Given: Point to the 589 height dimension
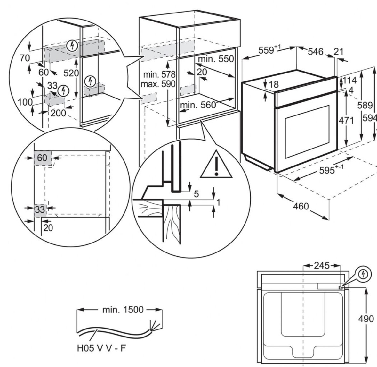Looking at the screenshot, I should [x=365, y=106].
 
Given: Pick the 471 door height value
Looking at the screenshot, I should [x=346, y=121].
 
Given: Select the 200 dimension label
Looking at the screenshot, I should [x=58, y=113].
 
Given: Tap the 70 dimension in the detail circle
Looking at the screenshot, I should [x=25, y=58].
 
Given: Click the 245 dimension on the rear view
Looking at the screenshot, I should [x=321, y=266].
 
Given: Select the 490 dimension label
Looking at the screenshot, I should [x=365, y=319].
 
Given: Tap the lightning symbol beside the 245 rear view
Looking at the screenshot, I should [x=363, y=274].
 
